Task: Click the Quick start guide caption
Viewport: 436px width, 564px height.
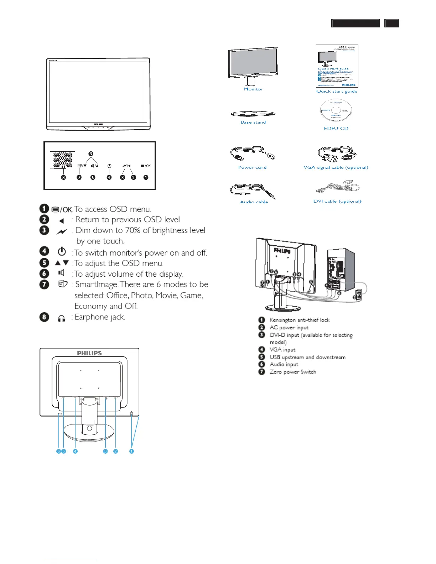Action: pyautogui.click(x=337, y=91)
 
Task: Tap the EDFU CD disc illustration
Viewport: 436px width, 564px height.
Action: pyautogui.click(x=336, y=111)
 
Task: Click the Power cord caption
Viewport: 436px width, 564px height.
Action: pyautogui.click(x=252, y=167)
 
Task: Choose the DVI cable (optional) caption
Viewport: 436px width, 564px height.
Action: pyautogui.click(x=337, y=201)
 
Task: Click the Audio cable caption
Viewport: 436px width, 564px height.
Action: pyautogui.click(x=254, y=202)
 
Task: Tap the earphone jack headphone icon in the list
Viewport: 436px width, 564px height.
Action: pyautogui.click(x=61, y=318)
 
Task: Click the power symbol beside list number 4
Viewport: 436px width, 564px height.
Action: pyautogui.click(x=62, y=251)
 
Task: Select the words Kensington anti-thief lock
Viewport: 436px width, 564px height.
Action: pyautogui.click(x=300, y=320)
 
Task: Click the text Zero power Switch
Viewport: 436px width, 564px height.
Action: pyautogui.click(x=293, y=372)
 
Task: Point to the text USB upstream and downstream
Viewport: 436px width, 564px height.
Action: pyautogui.click(x=307, y=357)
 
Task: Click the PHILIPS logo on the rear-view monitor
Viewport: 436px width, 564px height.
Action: pyautogui.click(x=89, y=353)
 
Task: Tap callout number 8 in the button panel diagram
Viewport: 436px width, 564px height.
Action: pyautogui.click(x=63, y=177)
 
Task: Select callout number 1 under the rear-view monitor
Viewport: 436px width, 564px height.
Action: pyautogui.click(x=131, y=451)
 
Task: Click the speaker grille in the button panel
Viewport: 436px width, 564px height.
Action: pyautogui.click(x=63, y=159)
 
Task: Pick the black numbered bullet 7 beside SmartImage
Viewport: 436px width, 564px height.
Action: pyautogui.click(x=44, y=284)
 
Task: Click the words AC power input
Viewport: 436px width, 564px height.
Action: pyautogui.click(x=289, y=328)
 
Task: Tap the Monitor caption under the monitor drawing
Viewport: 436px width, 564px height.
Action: pyautogui.click(x=253, y=89)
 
